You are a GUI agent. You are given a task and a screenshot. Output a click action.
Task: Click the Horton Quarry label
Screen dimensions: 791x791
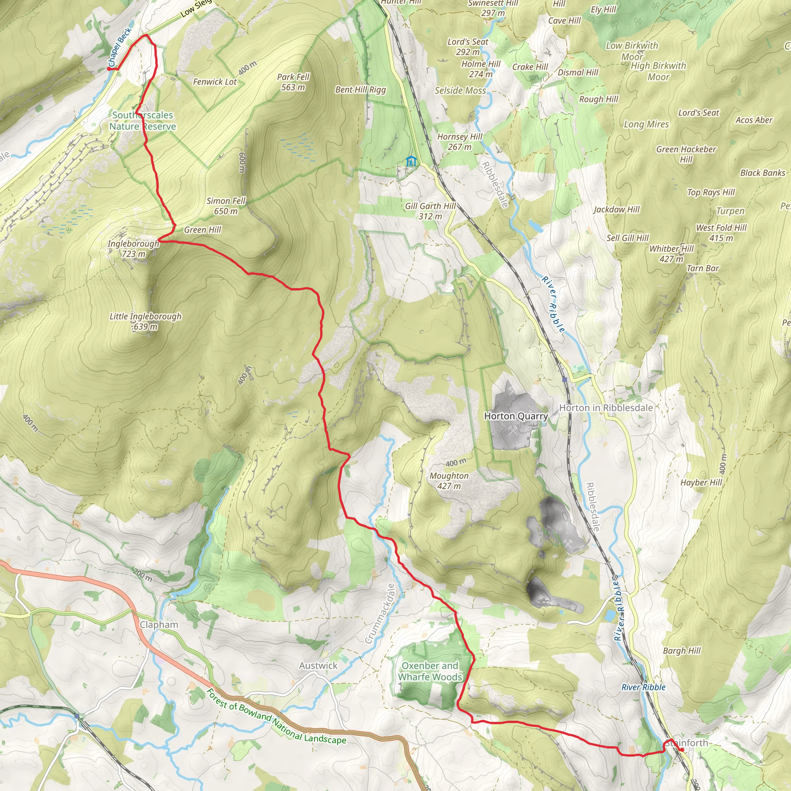pyautogui.click(x=516, y=416)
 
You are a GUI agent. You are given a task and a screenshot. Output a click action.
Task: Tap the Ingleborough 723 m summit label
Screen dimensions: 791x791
pyautogui.click(x=133, y=248)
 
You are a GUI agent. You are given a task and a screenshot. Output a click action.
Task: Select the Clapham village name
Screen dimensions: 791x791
pyautogui.click(x=159, y=625)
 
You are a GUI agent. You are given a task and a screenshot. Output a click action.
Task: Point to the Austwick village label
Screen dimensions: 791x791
pyautogui.click(x=318, y=666)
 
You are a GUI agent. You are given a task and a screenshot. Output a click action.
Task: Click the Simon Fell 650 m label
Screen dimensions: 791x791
pyautogui.click(x=226, y=206)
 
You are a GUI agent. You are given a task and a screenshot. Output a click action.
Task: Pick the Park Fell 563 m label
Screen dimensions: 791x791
pyautogui.click(x=293, y=82)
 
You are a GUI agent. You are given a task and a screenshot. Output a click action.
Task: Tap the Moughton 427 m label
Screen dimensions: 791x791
pyautogui.click(x=449, y=480)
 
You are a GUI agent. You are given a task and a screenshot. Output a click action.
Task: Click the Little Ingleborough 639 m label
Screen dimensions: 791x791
pyautogui.click(x=145, y=321)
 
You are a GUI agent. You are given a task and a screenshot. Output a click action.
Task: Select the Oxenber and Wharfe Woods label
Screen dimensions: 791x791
pyautogui.click(x=430, y=671)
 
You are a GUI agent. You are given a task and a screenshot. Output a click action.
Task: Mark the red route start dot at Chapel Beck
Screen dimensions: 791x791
pyautogui.click(x=109, y=69)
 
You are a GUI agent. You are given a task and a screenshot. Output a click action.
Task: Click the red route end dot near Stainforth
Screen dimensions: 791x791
pyautogui.click(x=681, y=750)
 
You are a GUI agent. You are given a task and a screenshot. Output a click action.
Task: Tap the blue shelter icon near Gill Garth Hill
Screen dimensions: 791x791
pyautogui.click(x=411, y=161)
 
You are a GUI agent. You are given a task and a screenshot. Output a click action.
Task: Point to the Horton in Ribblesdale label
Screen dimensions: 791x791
pyautogui.click(x=606, y=408)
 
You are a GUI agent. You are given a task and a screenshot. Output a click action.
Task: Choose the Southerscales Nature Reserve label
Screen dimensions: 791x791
pyautogui.click(x=143, y=121)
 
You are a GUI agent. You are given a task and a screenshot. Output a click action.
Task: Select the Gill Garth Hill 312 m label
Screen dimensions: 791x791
pyautogui.click(x=430, y=211)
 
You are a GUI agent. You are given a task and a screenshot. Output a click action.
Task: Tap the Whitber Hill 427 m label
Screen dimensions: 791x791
pyautogui.click(x=671, y=254)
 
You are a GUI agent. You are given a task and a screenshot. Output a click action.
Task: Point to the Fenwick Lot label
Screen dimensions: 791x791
pyautogui.click(x=215, y=82)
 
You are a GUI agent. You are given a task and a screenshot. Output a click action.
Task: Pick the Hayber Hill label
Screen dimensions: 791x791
pyautogui.click(x=701, y=483)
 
